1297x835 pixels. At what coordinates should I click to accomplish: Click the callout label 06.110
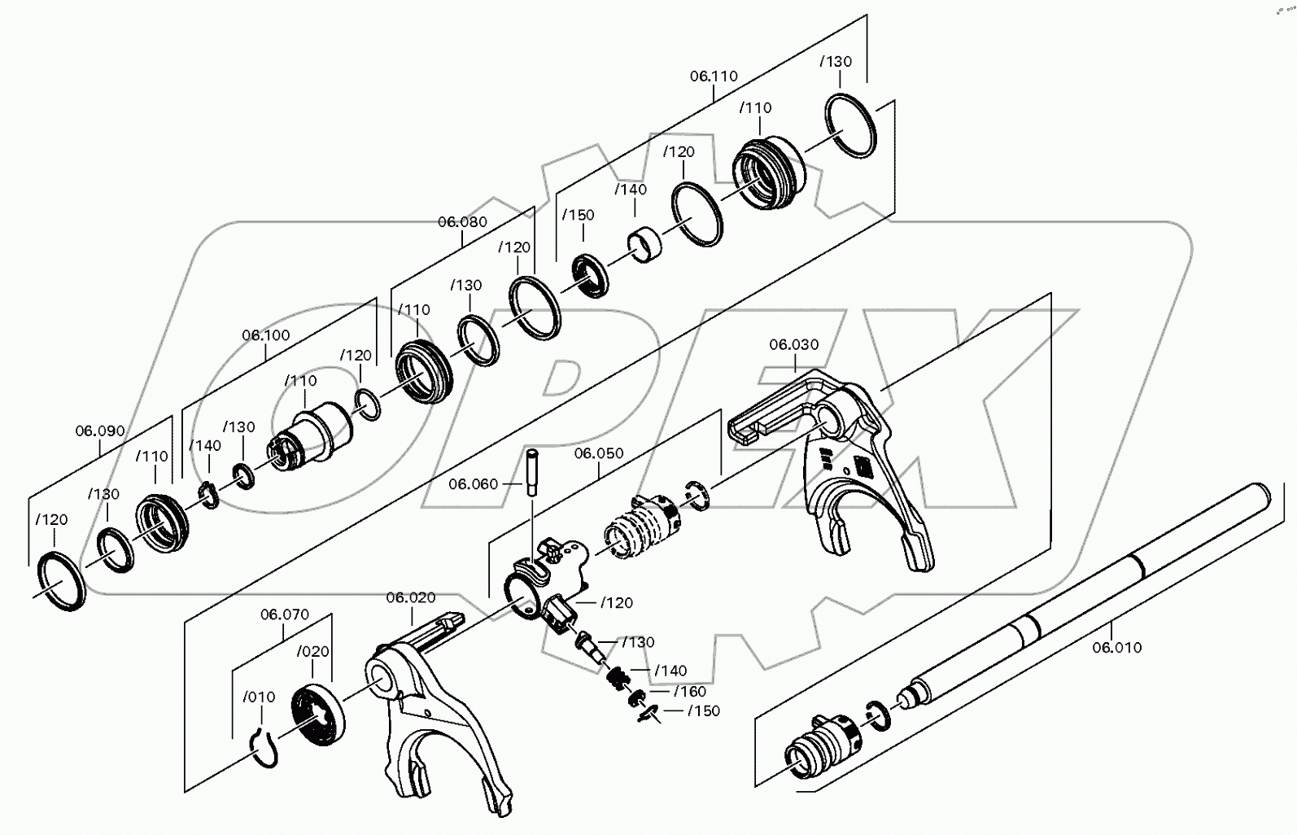[714, 76]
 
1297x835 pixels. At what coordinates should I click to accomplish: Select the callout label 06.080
[462, 221]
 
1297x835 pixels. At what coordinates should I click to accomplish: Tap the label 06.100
[265, 335]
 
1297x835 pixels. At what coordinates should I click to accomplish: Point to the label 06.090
[100, 431]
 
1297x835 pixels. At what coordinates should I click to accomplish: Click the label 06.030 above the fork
[793, 345]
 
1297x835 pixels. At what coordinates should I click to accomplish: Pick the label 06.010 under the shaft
[1116, 648]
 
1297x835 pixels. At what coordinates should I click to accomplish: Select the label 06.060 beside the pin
[473, 484]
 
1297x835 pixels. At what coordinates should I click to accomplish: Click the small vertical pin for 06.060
[532, 473]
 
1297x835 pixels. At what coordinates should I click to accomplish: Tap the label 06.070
[284, 614]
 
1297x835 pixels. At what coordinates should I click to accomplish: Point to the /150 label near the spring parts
[703, 710]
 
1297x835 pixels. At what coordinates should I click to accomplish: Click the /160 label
[690, 691]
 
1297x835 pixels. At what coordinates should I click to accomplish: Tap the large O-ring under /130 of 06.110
[851, 126]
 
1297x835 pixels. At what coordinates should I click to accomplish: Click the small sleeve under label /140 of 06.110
[644, 243]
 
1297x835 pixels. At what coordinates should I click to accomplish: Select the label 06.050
[599, 452]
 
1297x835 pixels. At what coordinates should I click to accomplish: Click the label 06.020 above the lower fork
[410, 597]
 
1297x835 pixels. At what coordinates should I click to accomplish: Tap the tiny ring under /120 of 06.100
[368, 404]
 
